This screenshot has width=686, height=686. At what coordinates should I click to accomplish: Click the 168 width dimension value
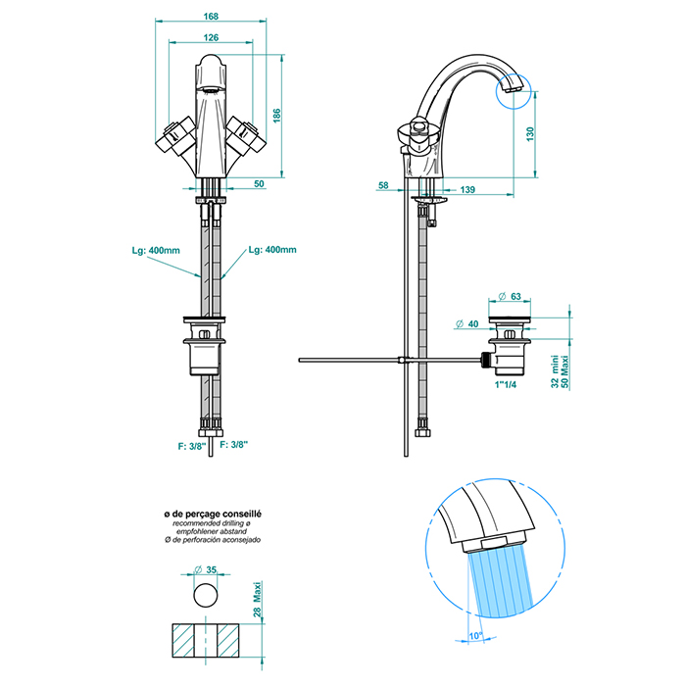pos(212,17)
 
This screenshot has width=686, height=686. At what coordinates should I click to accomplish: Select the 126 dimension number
pos(212,37)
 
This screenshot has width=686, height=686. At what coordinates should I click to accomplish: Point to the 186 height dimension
pos(278,116)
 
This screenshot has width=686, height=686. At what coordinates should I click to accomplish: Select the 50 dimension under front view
pos(259,183)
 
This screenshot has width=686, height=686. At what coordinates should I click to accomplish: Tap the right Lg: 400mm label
pos(272,251)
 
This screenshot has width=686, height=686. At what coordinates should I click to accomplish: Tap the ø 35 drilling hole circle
pos(205,595)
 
